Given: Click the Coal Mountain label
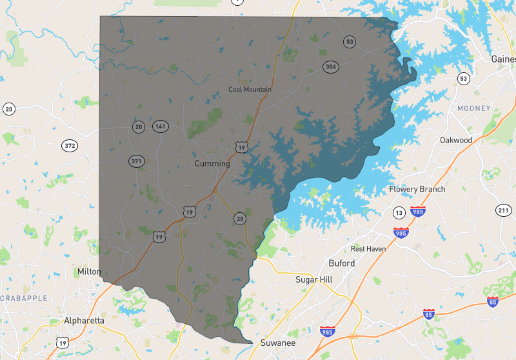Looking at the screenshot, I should [x=250, y=90].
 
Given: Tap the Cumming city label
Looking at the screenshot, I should [x=212, y=164].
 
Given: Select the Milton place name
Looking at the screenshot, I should [x=89, y=272].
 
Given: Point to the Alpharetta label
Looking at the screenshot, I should [x=84, y=321].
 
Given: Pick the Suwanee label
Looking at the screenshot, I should [x=277, y=343].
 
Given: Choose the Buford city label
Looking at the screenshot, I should [x=341, y=263].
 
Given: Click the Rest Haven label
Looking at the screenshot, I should [x=368, y=248].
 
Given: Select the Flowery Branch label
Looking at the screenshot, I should [x=417, y=189].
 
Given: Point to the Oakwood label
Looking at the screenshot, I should [x=456, y=140].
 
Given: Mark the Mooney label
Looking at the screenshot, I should [x=474, y=108].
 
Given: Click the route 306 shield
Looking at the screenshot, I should [x=332, y=67].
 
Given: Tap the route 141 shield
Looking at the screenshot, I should [x=160, y=126].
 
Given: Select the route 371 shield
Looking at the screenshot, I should [x=136, y=161].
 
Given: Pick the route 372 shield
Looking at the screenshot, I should [x=70, y=146].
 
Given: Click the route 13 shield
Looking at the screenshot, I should [x=400, y=213].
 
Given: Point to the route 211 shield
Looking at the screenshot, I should [x=504, y=210].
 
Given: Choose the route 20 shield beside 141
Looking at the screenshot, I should [x=139, y=127].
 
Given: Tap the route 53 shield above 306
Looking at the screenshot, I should [x=350, y=42].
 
